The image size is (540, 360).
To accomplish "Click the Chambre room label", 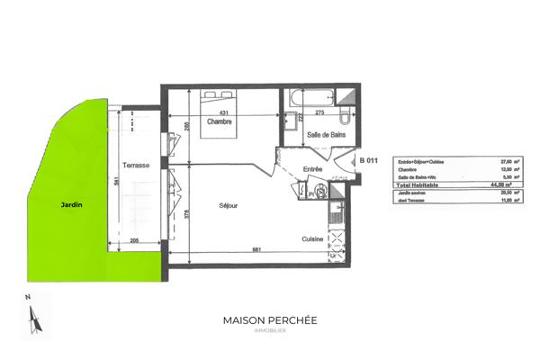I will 220,122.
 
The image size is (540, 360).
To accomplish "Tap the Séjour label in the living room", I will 228,206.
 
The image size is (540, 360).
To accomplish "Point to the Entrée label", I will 312,169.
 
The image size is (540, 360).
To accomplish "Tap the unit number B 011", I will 367,160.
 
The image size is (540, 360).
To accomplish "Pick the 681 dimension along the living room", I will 256,249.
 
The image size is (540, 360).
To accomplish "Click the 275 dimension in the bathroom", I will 319,111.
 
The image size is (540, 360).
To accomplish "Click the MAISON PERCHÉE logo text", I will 269,320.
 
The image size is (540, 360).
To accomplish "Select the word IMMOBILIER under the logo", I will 269,332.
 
